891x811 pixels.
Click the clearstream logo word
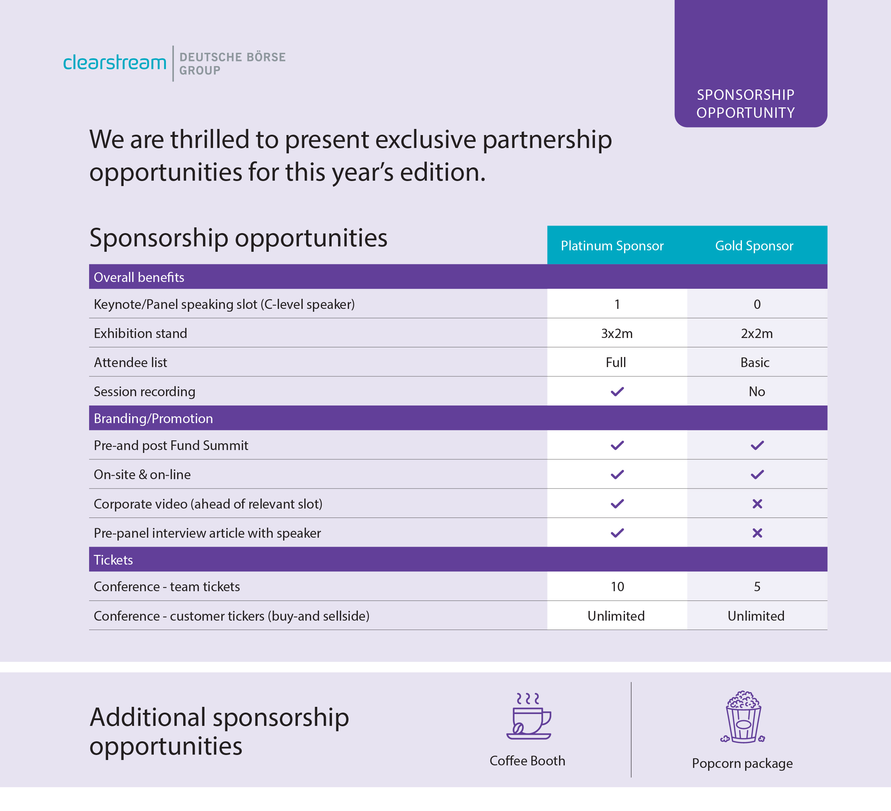pyautogui.click(x=115, y=63)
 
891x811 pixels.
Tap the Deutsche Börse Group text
pyautogui.click(x=232, y=64)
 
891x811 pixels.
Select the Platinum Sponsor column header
pyautogui.click(x=612, y=246)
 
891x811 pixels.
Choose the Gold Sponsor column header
pyautogui.click(x=754, y=246)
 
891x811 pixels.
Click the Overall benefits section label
pyautogui.click(x=139, y=277)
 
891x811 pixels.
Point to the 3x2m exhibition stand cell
pyautogui.click(x=617, y=334)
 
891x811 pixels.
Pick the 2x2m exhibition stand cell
pyautogui.click(x=757, y=334)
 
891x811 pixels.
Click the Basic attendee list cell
pyautogui.click(x=755, y=363)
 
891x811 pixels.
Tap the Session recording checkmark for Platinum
pyautogui.click(x=617, y=391)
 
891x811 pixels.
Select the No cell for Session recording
pyautogui.click(x=757, y=391)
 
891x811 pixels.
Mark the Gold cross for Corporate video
pyautogui.click(x=757, y=504)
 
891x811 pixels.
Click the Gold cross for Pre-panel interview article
pyautogui.click(x=757, y=533)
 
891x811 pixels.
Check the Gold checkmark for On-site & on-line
pyautogui.click(x=757, y=474)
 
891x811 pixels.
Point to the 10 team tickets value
pyautogui.click(x=617, y=587)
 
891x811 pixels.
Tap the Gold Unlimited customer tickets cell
pyautogui.click(x=756, y=616)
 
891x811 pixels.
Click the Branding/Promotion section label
pyautogui.click(x=153, y=419)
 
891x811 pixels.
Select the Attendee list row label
pyautogui.click(x=130, y=363)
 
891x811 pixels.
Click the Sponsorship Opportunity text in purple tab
pyautogui.click(x=745, y=104)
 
